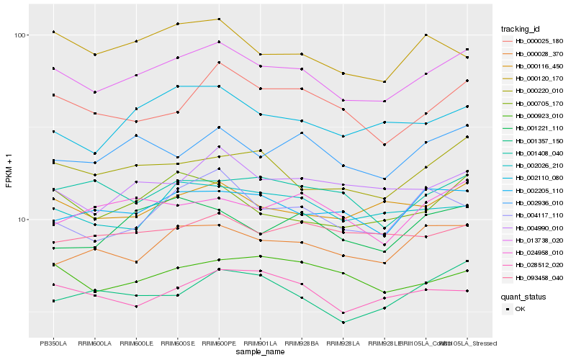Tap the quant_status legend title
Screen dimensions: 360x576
point(523,297)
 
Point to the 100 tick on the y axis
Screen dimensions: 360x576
point(19,35)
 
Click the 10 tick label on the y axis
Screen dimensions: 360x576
point(22,220)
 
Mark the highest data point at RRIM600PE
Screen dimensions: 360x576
point(219,19)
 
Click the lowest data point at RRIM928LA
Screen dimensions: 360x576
point(343,323)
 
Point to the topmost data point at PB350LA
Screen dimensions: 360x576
point(53,32)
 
